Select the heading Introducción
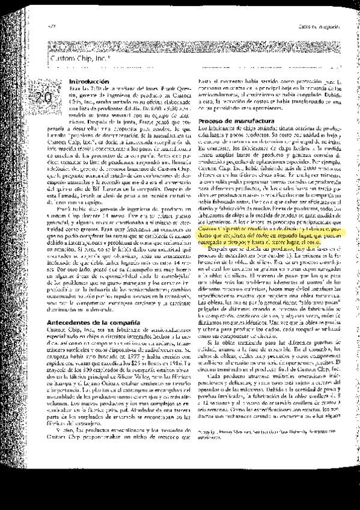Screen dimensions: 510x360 click(89, 81)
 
